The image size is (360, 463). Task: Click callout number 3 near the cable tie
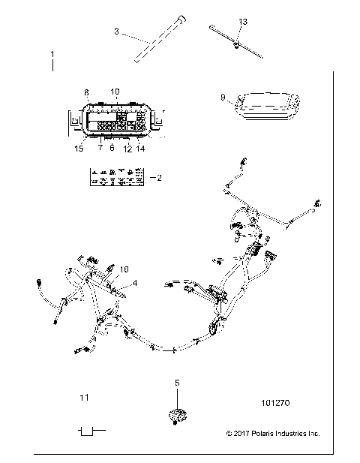point(116,32)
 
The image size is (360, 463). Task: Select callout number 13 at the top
point(242,22)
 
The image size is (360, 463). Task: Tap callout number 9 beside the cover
point(223,97)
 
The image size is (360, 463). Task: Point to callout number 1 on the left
point(52,55)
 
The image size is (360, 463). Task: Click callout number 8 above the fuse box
point(86,92)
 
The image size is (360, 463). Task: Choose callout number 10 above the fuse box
point(115,92)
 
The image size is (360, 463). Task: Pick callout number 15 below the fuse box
point(79,149)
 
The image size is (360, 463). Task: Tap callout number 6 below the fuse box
point(112,149)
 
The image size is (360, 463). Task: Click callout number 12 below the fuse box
point(127,149)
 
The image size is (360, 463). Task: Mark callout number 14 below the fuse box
point(140,149)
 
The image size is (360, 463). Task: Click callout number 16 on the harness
point(124,268)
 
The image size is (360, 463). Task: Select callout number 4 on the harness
point(135,283)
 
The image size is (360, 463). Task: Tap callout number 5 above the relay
point(177,383)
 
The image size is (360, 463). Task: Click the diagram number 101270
point(275,403)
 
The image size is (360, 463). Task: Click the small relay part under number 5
point(177,415)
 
